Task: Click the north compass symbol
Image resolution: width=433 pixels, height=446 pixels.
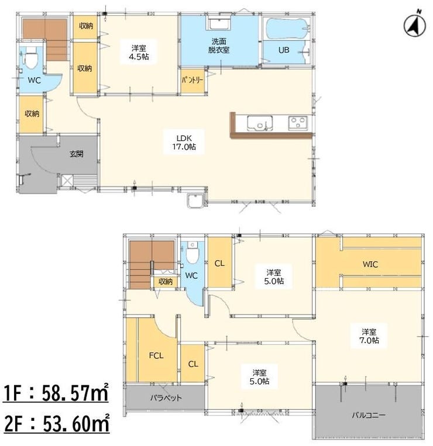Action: click(415, 25)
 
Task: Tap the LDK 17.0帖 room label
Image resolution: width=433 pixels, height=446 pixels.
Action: click(184, 143)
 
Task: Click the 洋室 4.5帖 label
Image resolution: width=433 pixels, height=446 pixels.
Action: click(139, 53)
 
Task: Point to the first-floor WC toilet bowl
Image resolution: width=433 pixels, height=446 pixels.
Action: click(32, 58)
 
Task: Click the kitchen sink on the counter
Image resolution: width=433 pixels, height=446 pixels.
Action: click(260, 123)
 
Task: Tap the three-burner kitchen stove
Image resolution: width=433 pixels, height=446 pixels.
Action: click(298, 123)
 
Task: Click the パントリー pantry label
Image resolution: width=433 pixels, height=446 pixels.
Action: click(193, 80)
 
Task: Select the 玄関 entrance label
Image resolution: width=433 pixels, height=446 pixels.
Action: click(77, 154)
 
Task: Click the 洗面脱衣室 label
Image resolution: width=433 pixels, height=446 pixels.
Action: click(219, 46)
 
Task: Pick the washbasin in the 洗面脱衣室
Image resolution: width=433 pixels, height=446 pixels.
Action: click(220, 23)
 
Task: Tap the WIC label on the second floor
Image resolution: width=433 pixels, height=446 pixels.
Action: click(370, 264)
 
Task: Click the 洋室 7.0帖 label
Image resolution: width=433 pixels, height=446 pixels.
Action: click(369, 336)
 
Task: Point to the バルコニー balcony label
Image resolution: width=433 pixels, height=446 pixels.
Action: click(369, 415)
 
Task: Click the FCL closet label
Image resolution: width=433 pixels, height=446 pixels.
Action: click(156, 355)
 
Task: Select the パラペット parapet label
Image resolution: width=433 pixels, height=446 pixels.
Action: click(166, 397)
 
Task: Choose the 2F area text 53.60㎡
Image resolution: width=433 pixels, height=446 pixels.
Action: click(76, 423)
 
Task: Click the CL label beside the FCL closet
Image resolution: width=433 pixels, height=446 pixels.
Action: click(193, 364)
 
